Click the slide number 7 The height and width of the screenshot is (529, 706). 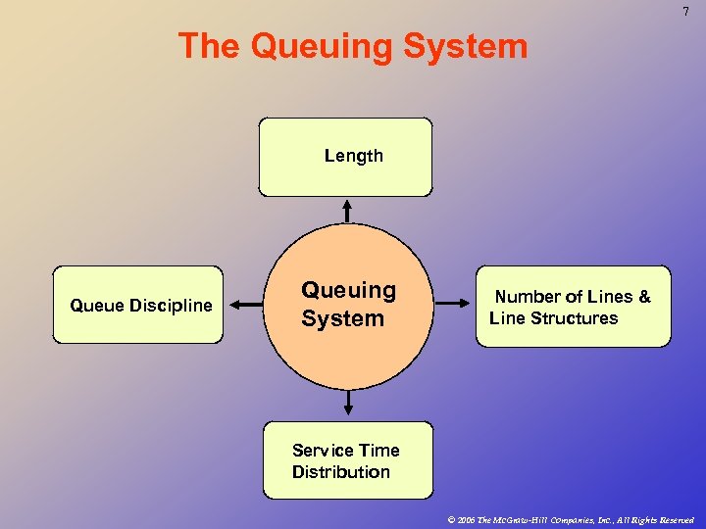(x=686, y=11)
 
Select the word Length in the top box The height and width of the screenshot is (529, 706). (x=354, y=156)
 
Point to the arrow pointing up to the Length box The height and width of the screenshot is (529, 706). (x=346, y=210)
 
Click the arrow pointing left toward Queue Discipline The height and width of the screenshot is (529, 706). (x=247, y=305)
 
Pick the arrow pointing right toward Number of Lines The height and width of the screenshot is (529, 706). (x=453, y=304)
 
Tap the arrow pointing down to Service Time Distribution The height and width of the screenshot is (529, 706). (x=347, y=401)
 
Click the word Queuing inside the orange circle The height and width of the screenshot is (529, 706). (x=348, y=290)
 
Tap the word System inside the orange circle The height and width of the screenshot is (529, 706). (x=342, y=318)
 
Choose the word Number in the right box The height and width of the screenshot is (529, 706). (x=527, y=297)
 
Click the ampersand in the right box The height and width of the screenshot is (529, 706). (x=644, y=297)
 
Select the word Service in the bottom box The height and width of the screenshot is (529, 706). (x=323, y=451)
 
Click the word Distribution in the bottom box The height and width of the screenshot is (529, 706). (x=340, y=472)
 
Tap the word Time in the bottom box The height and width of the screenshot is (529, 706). (x=379, y=451)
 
